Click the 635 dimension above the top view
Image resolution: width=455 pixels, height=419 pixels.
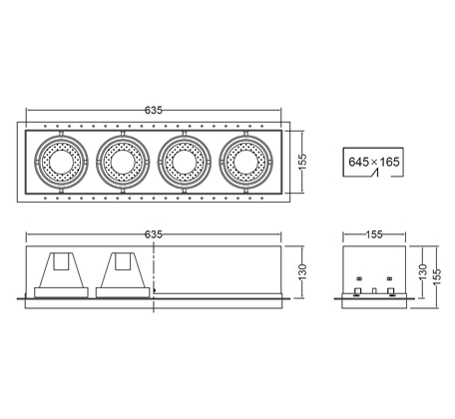pyautogui.click(x=154, y=110)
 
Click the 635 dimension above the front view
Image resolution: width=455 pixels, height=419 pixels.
pyautogui.click(x=154, y=234)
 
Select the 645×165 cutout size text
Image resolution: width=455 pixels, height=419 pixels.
pyautogui.click(x=374, y=162)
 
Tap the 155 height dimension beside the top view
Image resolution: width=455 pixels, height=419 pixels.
pyautogui.click(x=302, y=162)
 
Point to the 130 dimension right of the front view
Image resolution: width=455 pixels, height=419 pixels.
pyautogui.click(x=302, y=271)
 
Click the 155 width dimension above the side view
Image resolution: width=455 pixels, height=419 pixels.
pyautogui.click(x=374, y=234)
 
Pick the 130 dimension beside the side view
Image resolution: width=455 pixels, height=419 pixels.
pyautogui.click(x=423, y=271)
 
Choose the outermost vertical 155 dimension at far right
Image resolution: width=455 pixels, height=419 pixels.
pyautogui.click(x=437, y=276)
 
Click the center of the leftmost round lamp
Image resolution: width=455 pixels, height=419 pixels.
pyautogui.click(x=61, y=162)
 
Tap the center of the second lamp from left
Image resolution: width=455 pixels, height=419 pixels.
pyautogui.click(x=123, y=162)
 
